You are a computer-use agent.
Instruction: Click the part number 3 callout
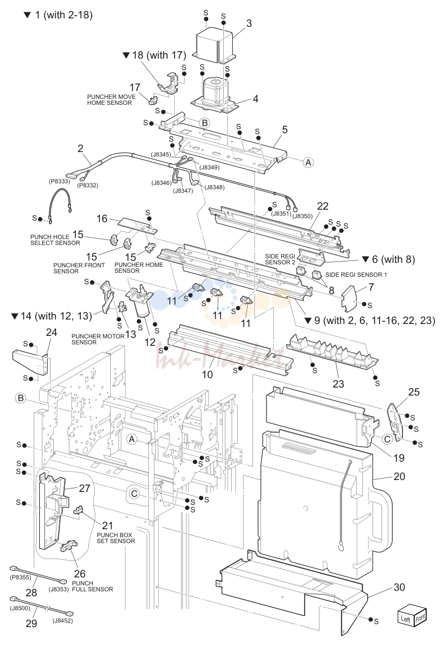coord(249,23)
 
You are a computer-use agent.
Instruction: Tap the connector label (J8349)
coord(209,167)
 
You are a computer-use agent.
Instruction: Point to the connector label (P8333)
coord(59,181)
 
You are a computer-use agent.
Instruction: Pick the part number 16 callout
coord(102,219)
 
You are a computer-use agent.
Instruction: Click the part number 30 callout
coord(399,579)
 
